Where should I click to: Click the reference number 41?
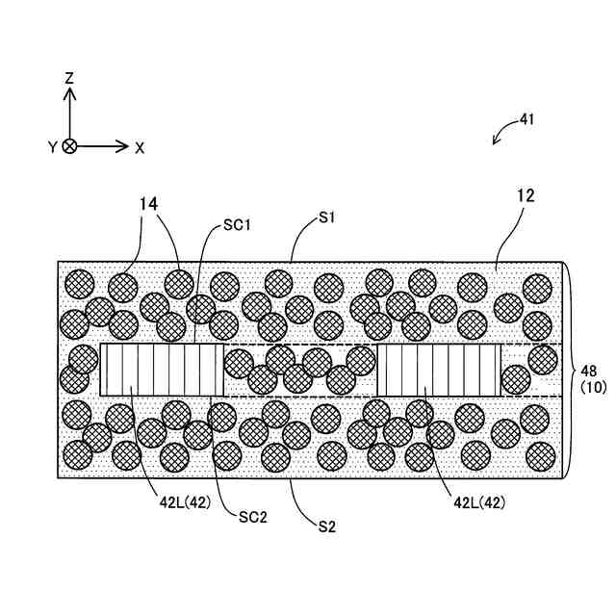526,120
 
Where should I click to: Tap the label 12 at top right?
525,195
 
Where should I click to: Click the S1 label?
327,218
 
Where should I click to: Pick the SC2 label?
253,516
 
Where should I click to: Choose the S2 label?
327,526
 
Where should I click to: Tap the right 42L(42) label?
478,501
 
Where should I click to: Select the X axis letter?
140,147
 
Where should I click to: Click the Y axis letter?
53,147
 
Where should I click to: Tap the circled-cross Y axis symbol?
70,147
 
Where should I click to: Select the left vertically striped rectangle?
162,371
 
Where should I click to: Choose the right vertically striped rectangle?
439,371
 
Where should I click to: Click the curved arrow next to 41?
502,134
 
